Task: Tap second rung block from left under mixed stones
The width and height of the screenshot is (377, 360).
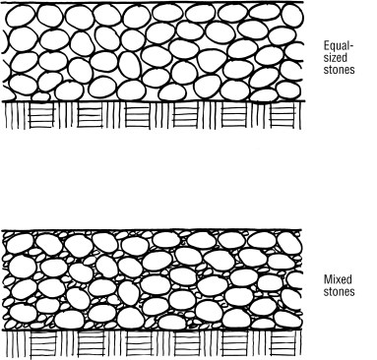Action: pyautogui.click(x=90, y=345)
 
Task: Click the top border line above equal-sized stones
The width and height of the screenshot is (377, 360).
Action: pyautogui.click(x=148, y=2)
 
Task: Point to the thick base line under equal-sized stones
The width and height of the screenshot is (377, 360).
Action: pyautogui.click(x=148, y=101)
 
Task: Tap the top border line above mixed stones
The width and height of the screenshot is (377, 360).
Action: pyautogui.click(x=148, y=231)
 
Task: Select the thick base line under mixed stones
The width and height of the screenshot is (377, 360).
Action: pyautogui.click(x=148, y=330)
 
